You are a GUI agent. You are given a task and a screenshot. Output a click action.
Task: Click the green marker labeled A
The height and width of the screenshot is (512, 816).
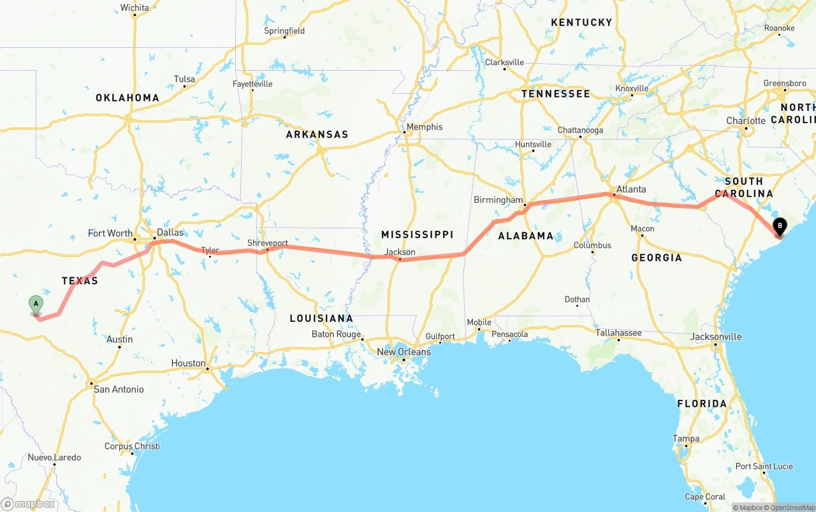click(x=36, y=304)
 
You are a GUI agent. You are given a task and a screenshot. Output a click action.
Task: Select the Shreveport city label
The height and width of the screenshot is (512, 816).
click(x=268, y=244)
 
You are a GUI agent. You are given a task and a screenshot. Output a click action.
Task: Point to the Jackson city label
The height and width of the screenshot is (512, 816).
click(x=400, y=252)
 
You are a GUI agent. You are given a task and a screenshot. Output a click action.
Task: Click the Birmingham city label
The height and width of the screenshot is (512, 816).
click(x=498, y=200)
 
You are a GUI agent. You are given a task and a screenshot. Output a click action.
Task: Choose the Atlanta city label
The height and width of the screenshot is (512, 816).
click(x=631, y=189)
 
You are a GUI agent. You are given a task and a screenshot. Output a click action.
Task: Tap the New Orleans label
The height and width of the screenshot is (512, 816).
click(x=404, y=352)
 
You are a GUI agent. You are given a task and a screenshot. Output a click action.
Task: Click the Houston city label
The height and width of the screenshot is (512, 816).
click(x=188, y=363)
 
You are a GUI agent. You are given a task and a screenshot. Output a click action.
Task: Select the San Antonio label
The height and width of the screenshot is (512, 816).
click(x=119, y=389)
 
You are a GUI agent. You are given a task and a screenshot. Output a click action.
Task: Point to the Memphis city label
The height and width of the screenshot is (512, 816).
click(x=424, y=127)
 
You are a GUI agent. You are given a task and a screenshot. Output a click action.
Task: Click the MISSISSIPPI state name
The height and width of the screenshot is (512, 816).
click(x=417, y=235)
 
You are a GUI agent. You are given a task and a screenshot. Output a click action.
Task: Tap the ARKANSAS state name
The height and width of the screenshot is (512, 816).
click(x=317, y=135)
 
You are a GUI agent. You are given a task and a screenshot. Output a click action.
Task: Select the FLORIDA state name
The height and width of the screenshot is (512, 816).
click(x=701, y=404)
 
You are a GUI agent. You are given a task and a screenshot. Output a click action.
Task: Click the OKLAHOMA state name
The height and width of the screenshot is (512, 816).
click(x=127, y=98)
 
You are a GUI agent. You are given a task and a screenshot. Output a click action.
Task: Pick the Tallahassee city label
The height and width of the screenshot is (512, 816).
click(x=618, y=333)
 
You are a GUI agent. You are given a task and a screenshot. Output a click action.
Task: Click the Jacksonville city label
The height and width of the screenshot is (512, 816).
click(x=716, y=337)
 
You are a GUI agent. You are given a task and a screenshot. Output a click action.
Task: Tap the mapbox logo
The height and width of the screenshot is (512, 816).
click(x=28, y=504)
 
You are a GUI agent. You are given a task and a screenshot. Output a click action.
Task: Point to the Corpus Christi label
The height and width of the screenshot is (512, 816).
click(x=132, y=446)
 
